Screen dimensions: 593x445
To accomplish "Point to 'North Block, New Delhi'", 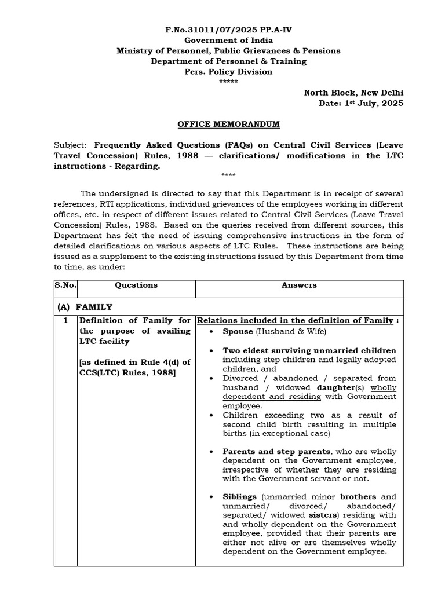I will coord(354,93).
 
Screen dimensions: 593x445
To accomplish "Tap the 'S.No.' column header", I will coord(65,285).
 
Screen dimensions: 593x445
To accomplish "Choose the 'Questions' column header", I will coord(136,285).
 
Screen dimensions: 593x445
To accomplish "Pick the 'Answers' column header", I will coord(299,285).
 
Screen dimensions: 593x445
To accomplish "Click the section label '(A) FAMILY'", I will coord(85,307).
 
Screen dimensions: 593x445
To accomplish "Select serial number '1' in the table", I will coord(65,320).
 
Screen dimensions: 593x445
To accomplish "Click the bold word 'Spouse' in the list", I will coord(238,331).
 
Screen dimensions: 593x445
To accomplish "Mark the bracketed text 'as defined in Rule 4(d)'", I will coord(130,363).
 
